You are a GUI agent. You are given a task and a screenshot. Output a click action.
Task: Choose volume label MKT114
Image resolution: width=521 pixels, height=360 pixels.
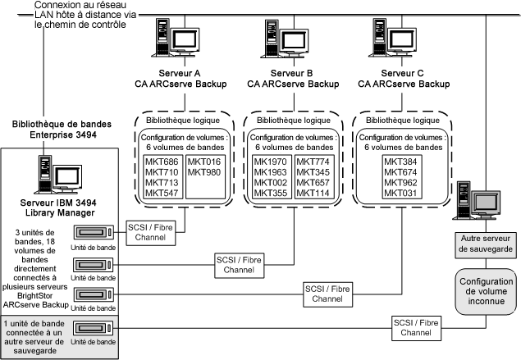click(313, 194)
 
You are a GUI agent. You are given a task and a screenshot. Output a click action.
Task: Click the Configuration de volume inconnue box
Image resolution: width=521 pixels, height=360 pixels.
click(486, 289)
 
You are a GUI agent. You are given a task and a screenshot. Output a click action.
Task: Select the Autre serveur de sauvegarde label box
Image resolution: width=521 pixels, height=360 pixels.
click(486, 243)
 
